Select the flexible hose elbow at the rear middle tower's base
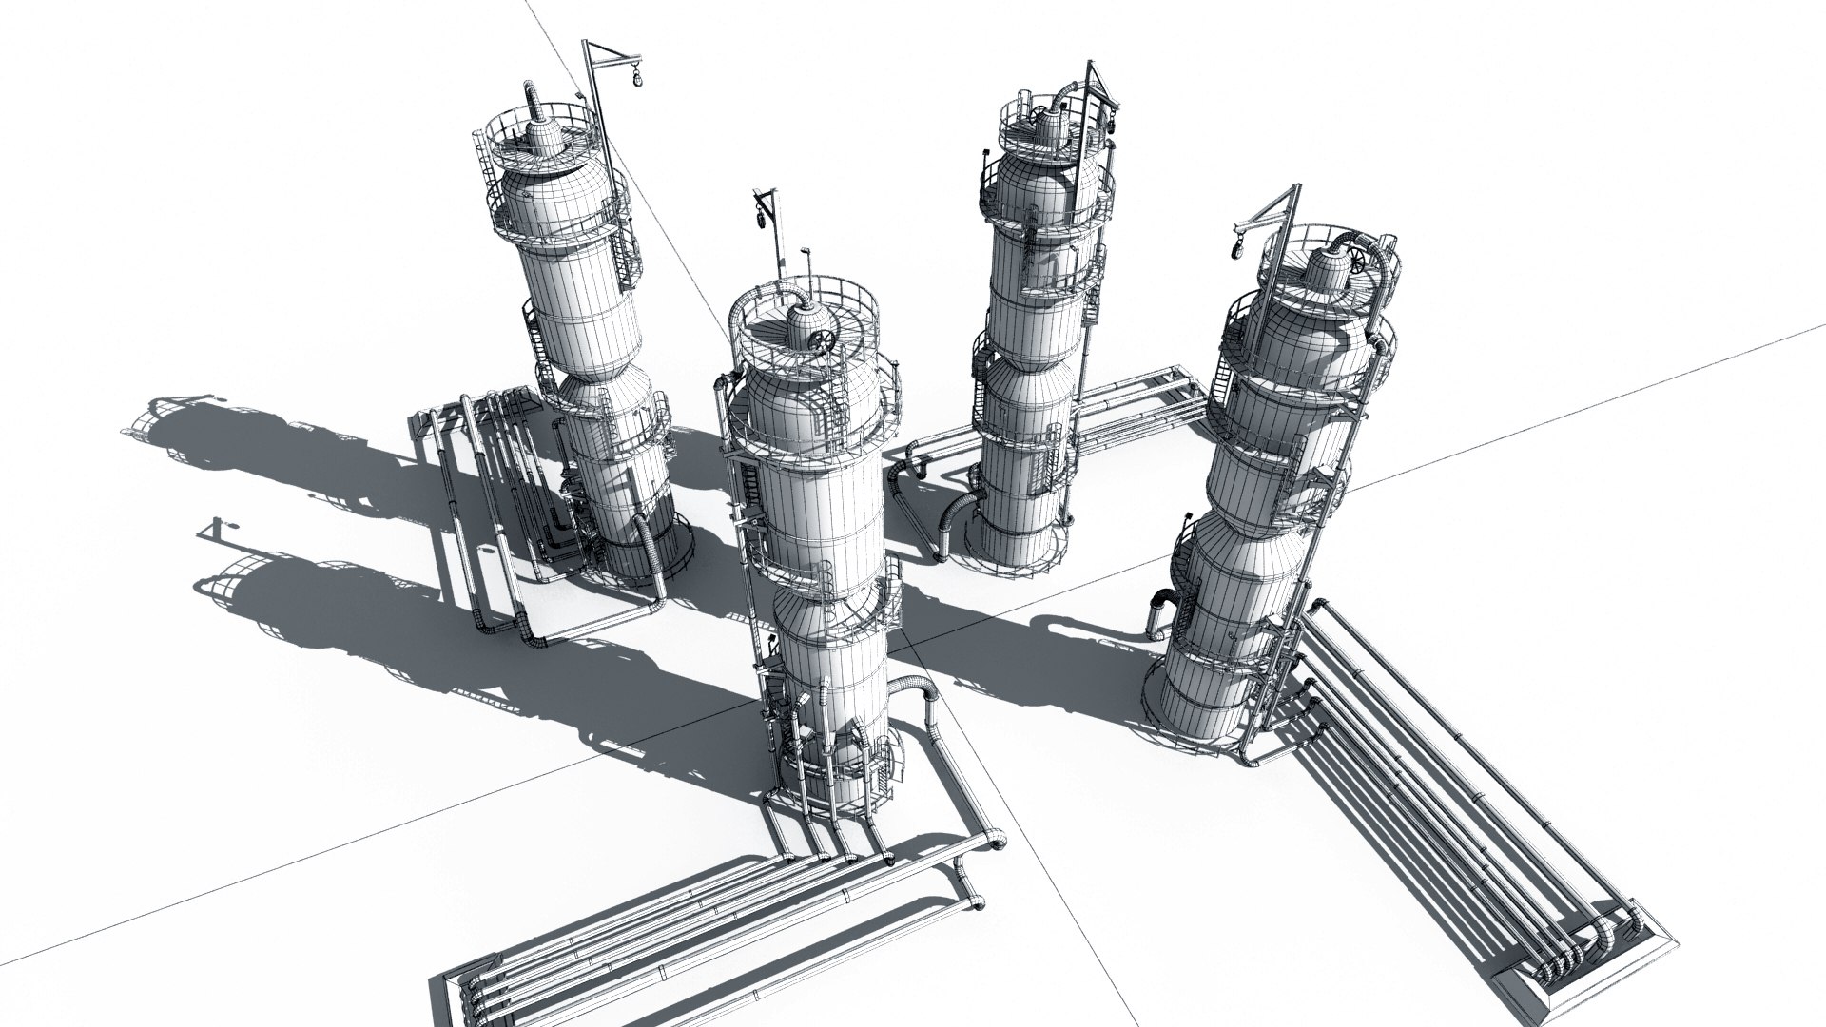click(x=951, y=521)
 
